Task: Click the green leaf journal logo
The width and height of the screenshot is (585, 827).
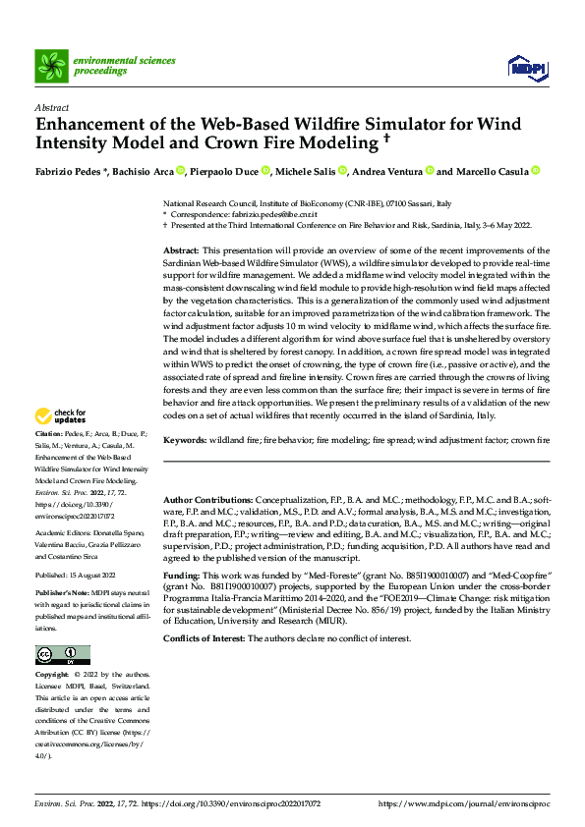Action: (51, 66)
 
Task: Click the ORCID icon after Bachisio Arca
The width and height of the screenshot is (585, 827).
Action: (181, 171)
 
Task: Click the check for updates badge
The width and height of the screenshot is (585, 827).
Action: (59, 444)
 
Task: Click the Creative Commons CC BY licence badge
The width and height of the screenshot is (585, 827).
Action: (62, 654)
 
